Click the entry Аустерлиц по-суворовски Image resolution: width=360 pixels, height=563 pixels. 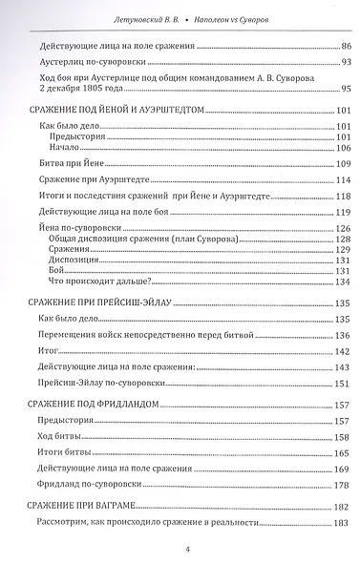click(85, 62)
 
